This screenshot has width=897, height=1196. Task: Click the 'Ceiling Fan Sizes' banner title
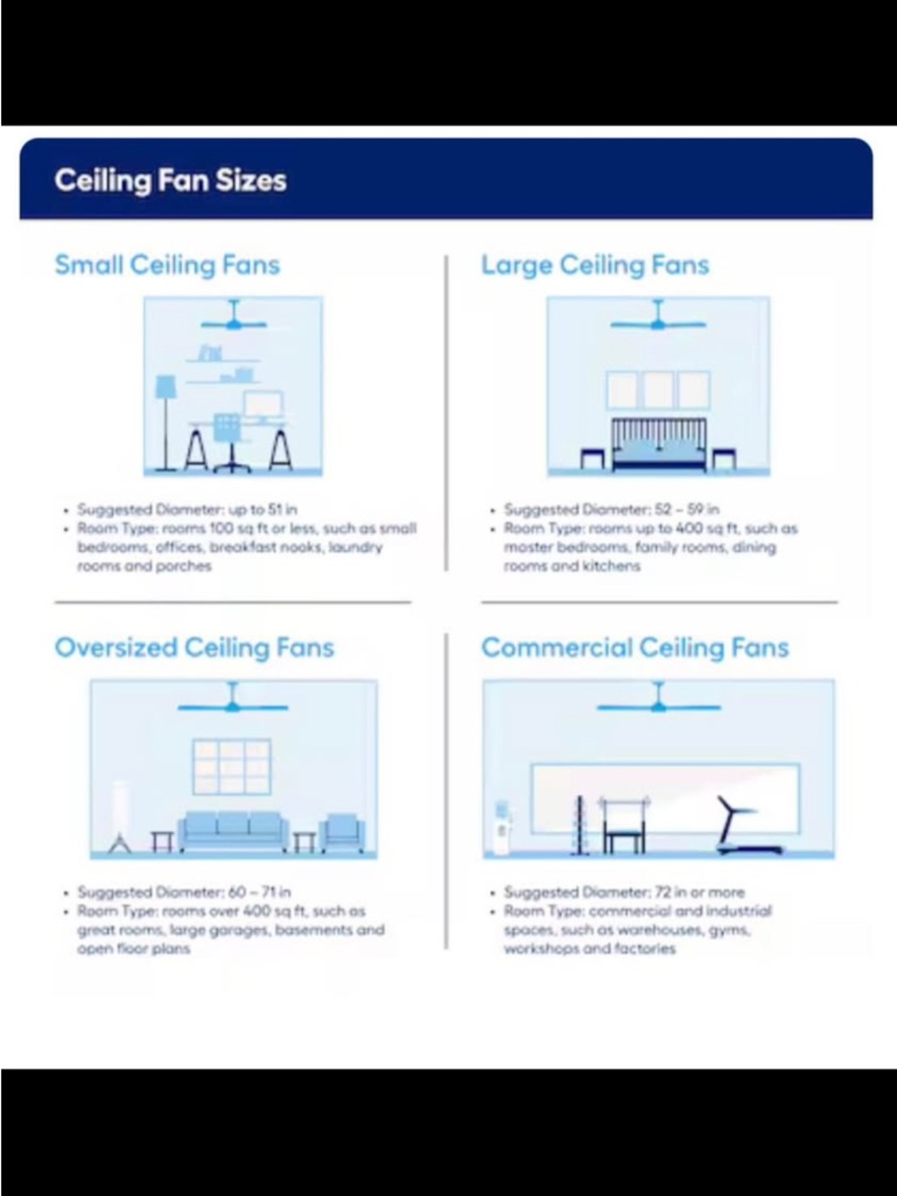[x=170, y=180]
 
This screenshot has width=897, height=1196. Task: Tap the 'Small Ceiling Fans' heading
[x=167, y=266]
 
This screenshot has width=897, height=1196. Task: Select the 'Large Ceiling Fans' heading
[x=596, y=266]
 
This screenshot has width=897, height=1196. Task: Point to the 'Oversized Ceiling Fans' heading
[x=194, y=649]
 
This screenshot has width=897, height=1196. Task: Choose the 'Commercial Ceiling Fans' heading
[x=635, y=649]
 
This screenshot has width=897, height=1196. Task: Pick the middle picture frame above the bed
[x=658, y=390]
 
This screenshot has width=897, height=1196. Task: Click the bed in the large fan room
[x=659, y=445]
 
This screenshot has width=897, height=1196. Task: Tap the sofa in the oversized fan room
[x=233, y=832]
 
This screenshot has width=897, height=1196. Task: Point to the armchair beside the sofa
[x=342, y=834]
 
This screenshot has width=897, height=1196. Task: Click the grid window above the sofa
[x=232, y=766]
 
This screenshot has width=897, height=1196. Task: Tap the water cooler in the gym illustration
[x=502, y=828]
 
